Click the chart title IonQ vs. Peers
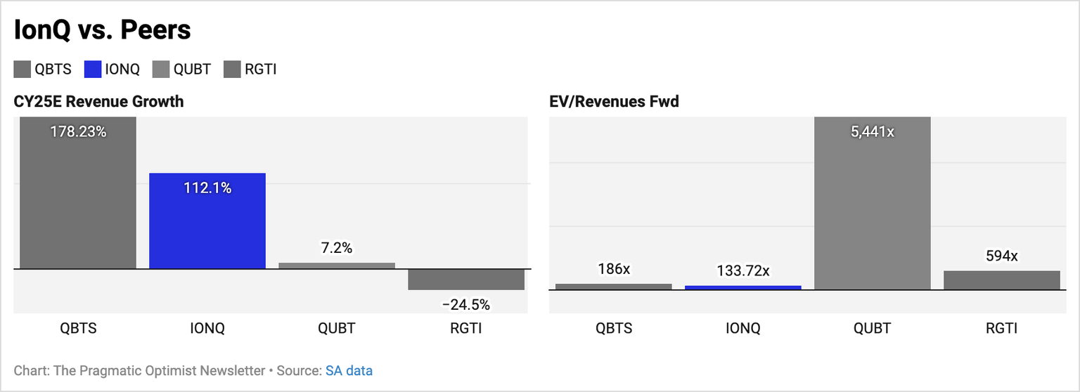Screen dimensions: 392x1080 [x=103, y=30]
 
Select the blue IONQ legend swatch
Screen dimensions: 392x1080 [x=92, y=69]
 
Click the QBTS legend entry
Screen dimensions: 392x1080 [x=43, y=69]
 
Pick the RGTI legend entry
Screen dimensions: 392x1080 [x=250, y=69]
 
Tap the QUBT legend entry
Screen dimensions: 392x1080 [x=181, y=69]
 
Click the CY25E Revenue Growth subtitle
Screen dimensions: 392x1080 [x=98, y=101]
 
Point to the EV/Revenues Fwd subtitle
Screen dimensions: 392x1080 [x=614, y=101]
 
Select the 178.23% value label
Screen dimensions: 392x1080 [x=78, y=131]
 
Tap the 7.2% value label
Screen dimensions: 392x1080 [x=337, y=248]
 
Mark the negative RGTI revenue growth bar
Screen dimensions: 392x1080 [x=466, y=280]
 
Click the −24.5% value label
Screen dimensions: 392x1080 [x=466, y=305]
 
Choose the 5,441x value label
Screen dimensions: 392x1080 [x=872, y=131]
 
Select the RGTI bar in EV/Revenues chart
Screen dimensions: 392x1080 [x=1001, y=280]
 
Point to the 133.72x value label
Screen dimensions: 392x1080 [x=743, y=270]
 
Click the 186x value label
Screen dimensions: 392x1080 [x=614, y=268]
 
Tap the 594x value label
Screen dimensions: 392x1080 [x=1001, y=256]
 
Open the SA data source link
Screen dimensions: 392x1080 [x=349, y=370]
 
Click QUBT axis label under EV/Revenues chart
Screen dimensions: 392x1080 [x=872, y=328]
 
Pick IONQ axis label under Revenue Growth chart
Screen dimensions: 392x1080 [x=207, y=328]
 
